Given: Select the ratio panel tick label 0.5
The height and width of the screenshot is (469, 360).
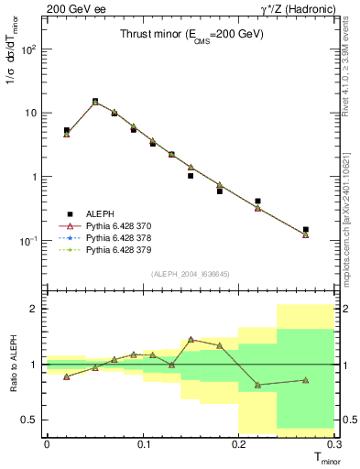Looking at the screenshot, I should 32,420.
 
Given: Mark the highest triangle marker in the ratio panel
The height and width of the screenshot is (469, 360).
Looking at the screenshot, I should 191,339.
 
